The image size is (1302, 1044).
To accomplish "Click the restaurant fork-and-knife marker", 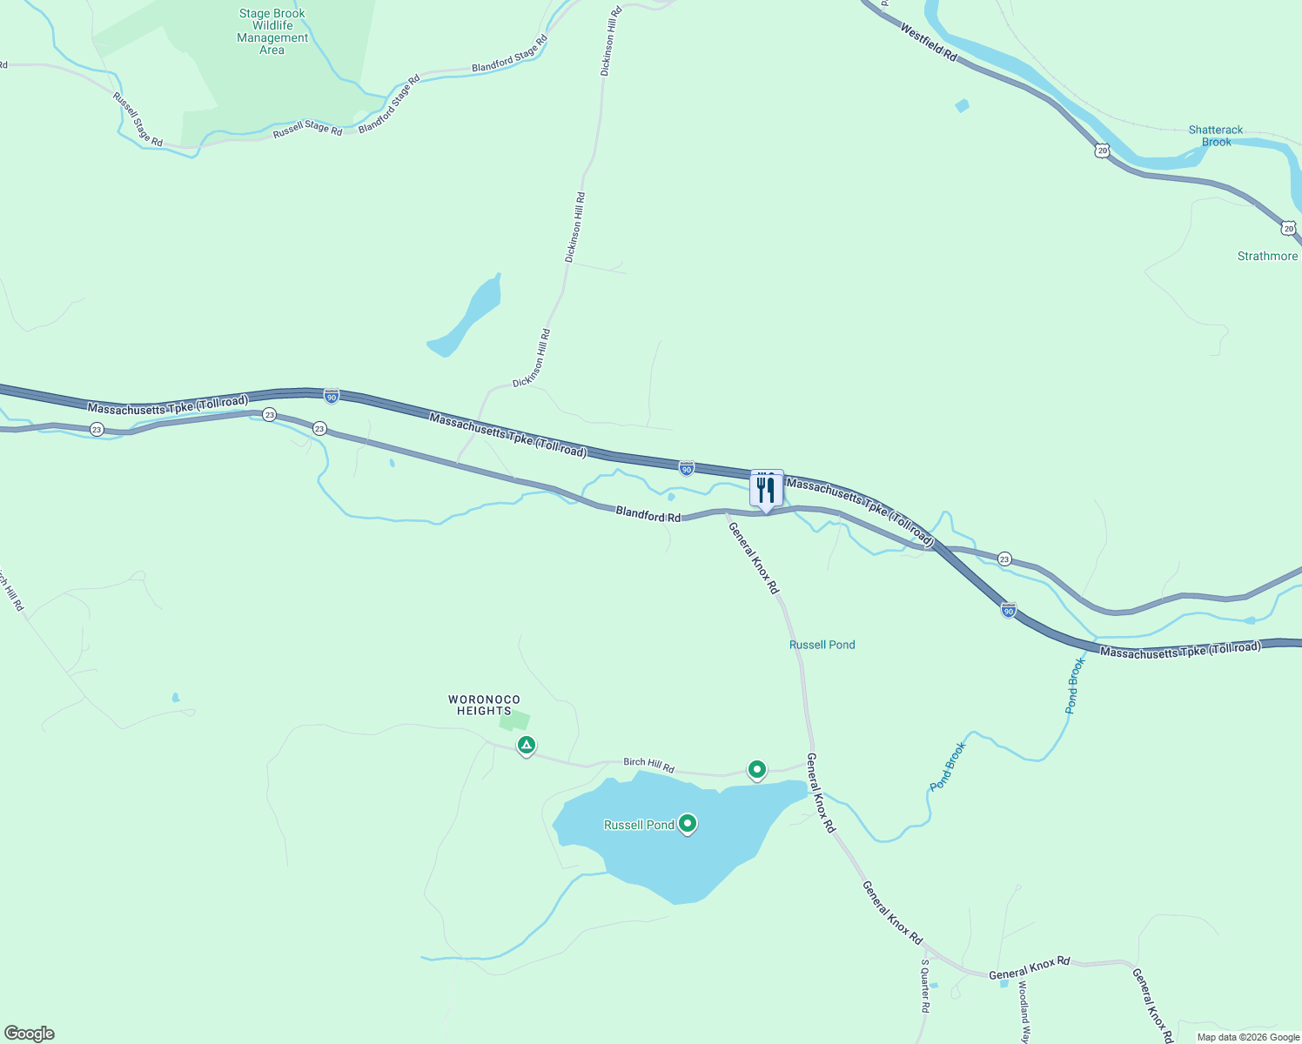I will [x=766, y=490].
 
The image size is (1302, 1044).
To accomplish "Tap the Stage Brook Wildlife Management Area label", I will [x=272, y=32].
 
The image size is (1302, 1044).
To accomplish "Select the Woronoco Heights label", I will [x=484, y=705].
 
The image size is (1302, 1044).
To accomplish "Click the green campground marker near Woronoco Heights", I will [x=526, y=745].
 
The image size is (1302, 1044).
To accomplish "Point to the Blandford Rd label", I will [x=648, y=514].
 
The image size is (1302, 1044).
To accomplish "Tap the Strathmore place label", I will [x=1267, y=256].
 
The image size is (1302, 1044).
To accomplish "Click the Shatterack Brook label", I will [x=1216, y=136].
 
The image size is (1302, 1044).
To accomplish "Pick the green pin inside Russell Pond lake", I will [x=688, y=823].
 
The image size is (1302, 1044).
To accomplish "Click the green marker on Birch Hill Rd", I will [x=757, y=769].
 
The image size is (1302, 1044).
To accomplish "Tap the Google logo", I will [x=29, y=1034].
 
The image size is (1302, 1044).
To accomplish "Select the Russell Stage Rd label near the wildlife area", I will [x=307, y=129].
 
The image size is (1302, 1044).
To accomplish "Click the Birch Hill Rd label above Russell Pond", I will [x=648, y=766].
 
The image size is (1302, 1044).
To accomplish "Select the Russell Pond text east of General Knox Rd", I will [x=822, y=645].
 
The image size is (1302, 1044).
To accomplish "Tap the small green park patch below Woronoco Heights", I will [x=515, y=720].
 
